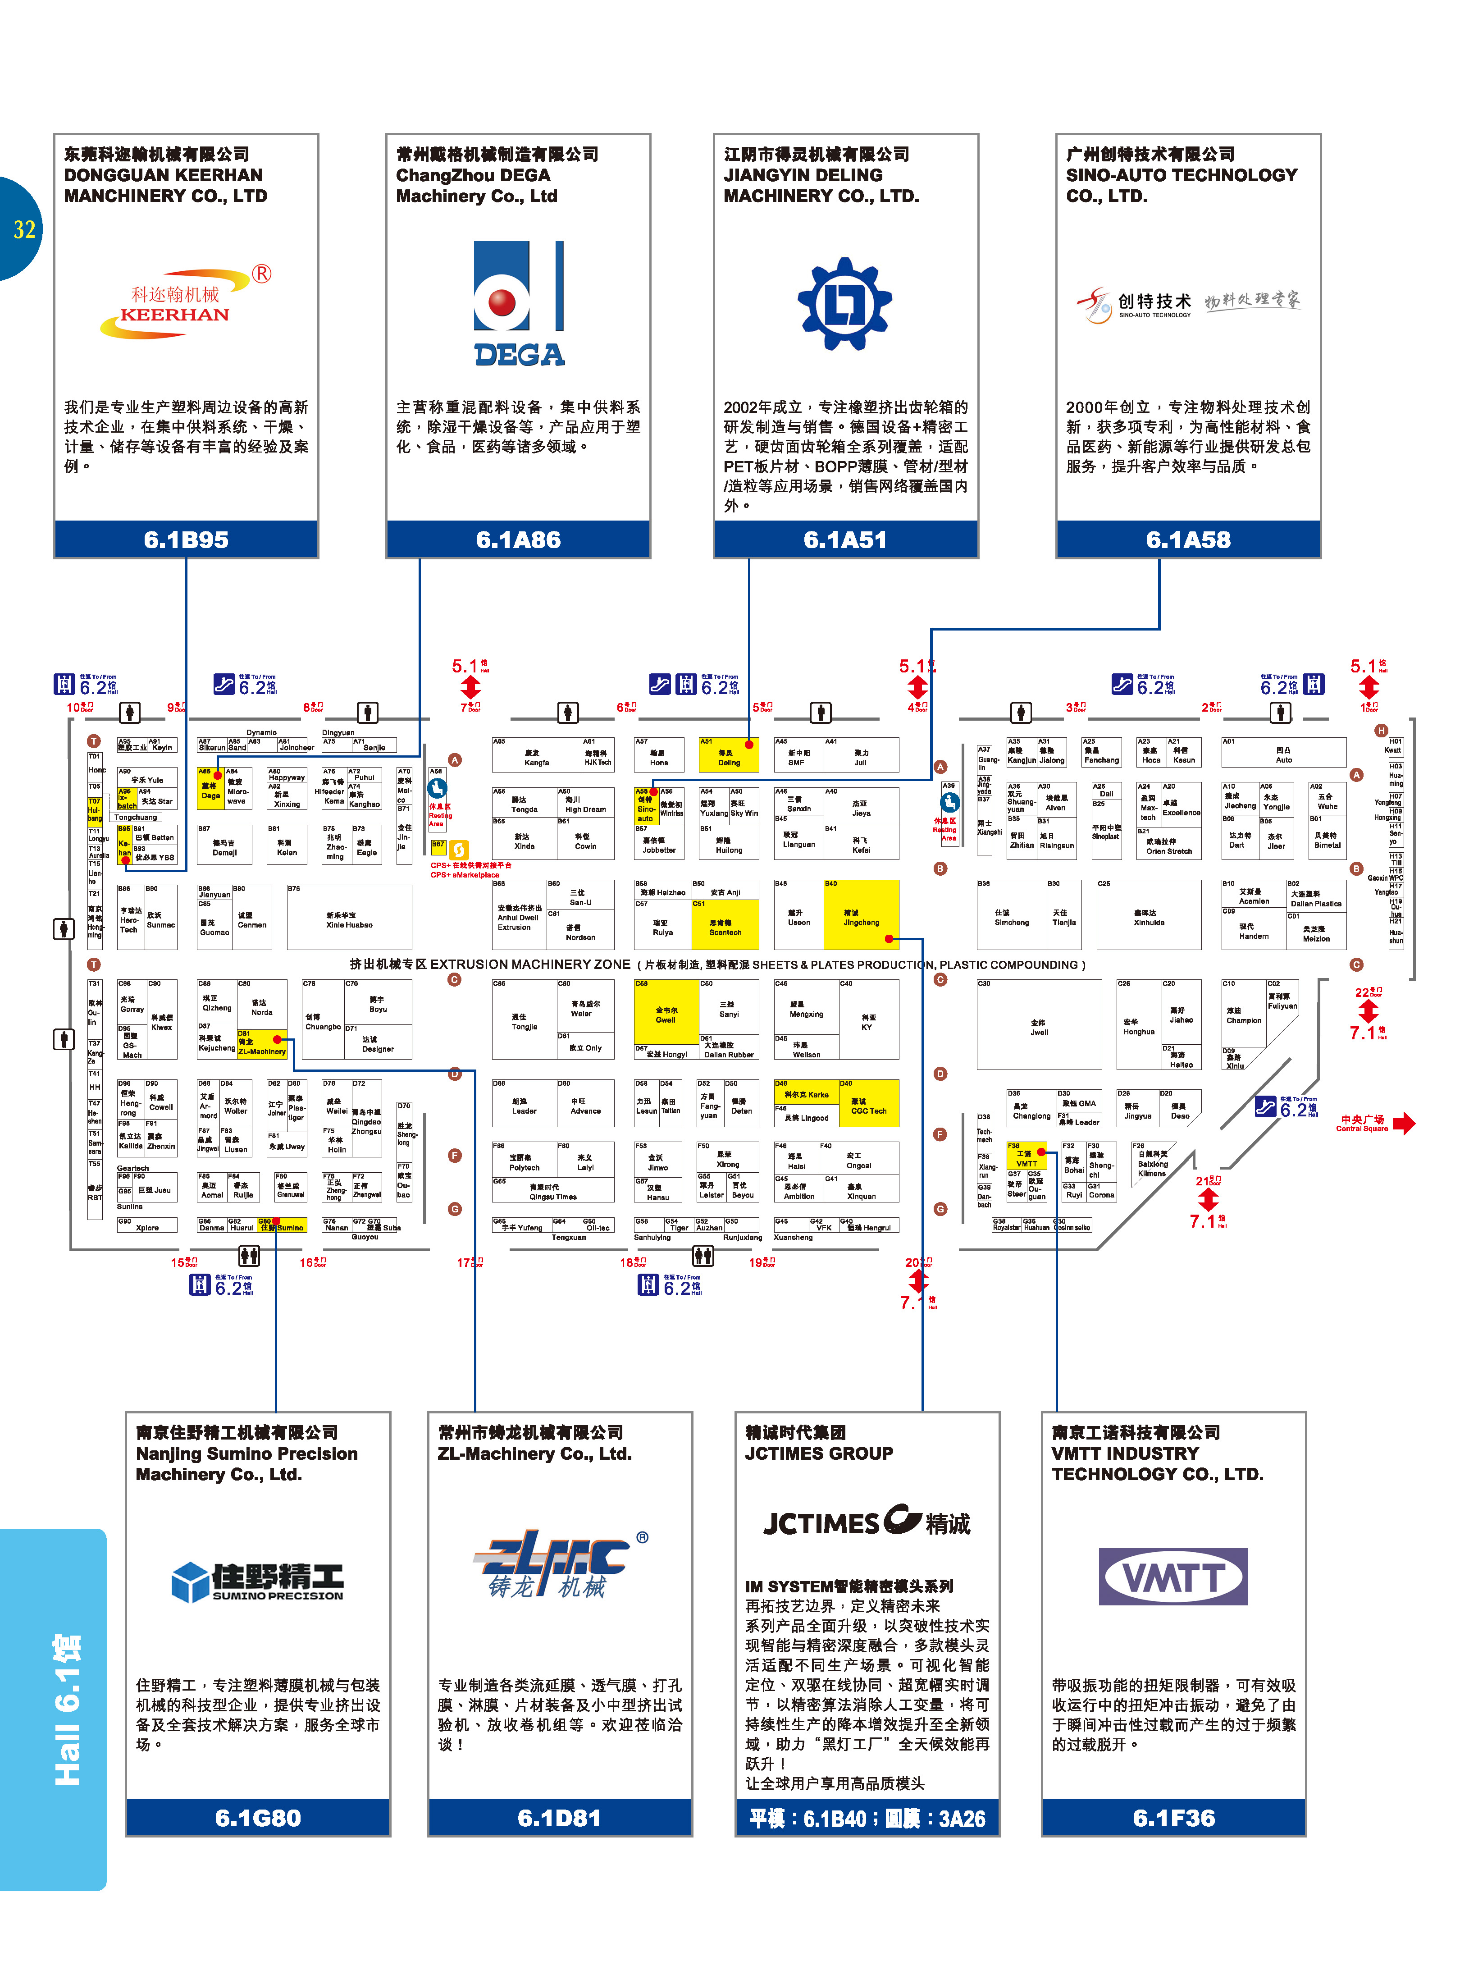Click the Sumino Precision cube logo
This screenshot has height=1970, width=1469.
(x=258, y=1581)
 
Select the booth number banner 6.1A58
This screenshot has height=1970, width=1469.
(x=1188, y=540)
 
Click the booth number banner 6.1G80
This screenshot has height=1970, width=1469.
(x=258, y=1818)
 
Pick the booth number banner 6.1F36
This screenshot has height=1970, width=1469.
(x=1174, y=1818)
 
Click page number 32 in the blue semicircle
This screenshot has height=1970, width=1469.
(x=24, y=229)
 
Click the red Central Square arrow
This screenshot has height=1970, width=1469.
(x=1403, y=1123)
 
